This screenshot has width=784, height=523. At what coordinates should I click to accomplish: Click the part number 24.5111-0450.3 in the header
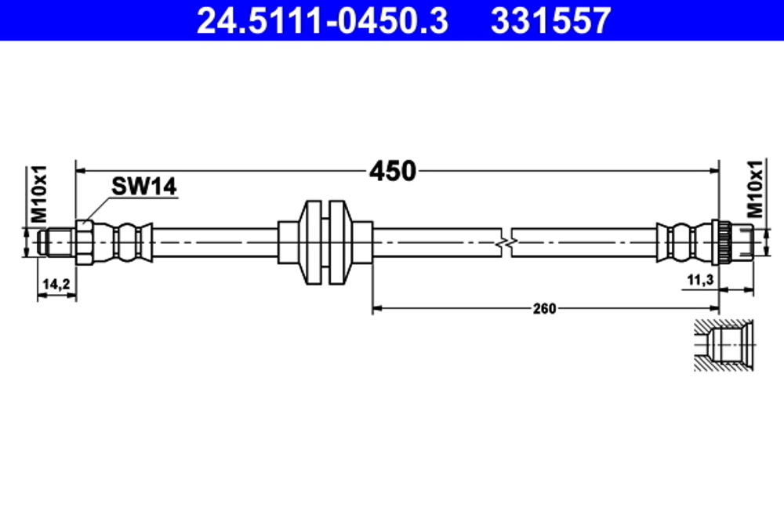[321, 21]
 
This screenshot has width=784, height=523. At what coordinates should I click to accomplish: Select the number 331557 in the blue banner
[550, 21]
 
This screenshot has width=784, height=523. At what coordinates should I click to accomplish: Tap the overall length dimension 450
[392, 170]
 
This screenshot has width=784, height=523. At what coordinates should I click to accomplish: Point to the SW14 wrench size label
[144, 187]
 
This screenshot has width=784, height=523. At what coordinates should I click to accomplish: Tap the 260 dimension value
[543, 309]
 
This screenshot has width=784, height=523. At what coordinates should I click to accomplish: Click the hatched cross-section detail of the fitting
[723, 345]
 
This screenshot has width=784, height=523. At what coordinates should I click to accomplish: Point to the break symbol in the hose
[506, 241]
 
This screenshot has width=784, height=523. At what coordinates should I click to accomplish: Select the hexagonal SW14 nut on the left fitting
[85, 241]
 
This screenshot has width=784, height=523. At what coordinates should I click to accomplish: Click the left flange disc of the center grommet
[311, 241]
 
